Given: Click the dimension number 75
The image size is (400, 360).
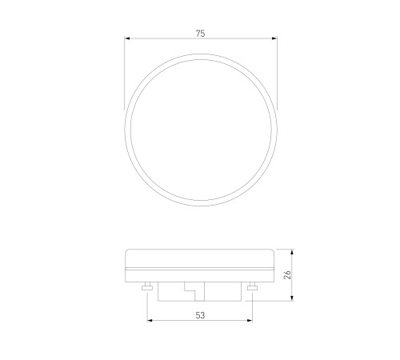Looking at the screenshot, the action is (201, 34).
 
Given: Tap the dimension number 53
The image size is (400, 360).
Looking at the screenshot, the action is (200, 315).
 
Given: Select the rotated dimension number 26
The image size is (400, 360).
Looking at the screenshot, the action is (287, 274).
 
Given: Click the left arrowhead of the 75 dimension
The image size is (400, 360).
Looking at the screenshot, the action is (127, 38).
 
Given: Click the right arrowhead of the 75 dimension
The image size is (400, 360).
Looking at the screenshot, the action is (274, 38).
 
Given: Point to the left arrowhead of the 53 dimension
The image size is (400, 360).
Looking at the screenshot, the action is (150, 320).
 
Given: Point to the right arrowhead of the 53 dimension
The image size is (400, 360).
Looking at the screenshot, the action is (250, 320).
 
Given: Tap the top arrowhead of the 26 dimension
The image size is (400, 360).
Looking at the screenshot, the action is (292, 252).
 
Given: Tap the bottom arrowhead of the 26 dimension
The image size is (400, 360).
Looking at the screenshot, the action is (292, 298).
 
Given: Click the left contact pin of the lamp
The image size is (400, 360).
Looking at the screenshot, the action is (147, 286).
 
